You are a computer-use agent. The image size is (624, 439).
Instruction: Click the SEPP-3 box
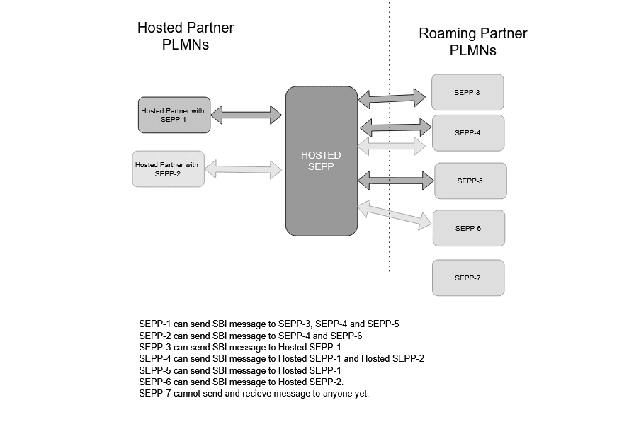click(x=467, y=92)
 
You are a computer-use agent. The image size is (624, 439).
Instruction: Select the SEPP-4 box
click(x=467, y=132)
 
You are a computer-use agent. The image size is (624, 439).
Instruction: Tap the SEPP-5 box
click(x=470, y=181)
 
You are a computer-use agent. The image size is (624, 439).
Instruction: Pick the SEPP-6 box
click(x=468, y=228)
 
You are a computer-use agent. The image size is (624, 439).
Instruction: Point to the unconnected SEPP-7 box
click(x=468, y=278)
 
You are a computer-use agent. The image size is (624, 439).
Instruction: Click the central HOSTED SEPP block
click(x=321, y=161)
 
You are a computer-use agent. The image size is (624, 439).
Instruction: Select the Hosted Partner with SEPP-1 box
click(x=174, y=115)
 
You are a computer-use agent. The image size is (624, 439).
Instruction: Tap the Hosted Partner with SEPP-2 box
click(x=168, y=169)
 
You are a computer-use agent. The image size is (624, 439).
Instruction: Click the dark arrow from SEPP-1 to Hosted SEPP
click(x=246, y=113)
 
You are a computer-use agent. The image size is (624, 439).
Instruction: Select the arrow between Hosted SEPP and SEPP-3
click(x=394, y=97)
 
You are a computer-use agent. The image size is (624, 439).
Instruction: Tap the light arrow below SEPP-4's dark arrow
click(x=392, y=146)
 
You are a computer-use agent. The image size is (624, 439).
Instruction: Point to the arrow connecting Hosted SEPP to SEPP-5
click(x=395, y=180)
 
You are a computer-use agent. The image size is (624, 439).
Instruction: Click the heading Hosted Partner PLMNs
click(x=185, y=36)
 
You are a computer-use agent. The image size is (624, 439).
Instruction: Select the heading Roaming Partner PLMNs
click(x=472, y=42)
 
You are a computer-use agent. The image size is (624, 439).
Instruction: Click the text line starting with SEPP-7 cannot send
click(x=254, y=393)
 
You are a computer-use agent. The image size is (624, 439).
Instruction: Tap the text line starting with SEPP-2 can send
click(x=251, y=336)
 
